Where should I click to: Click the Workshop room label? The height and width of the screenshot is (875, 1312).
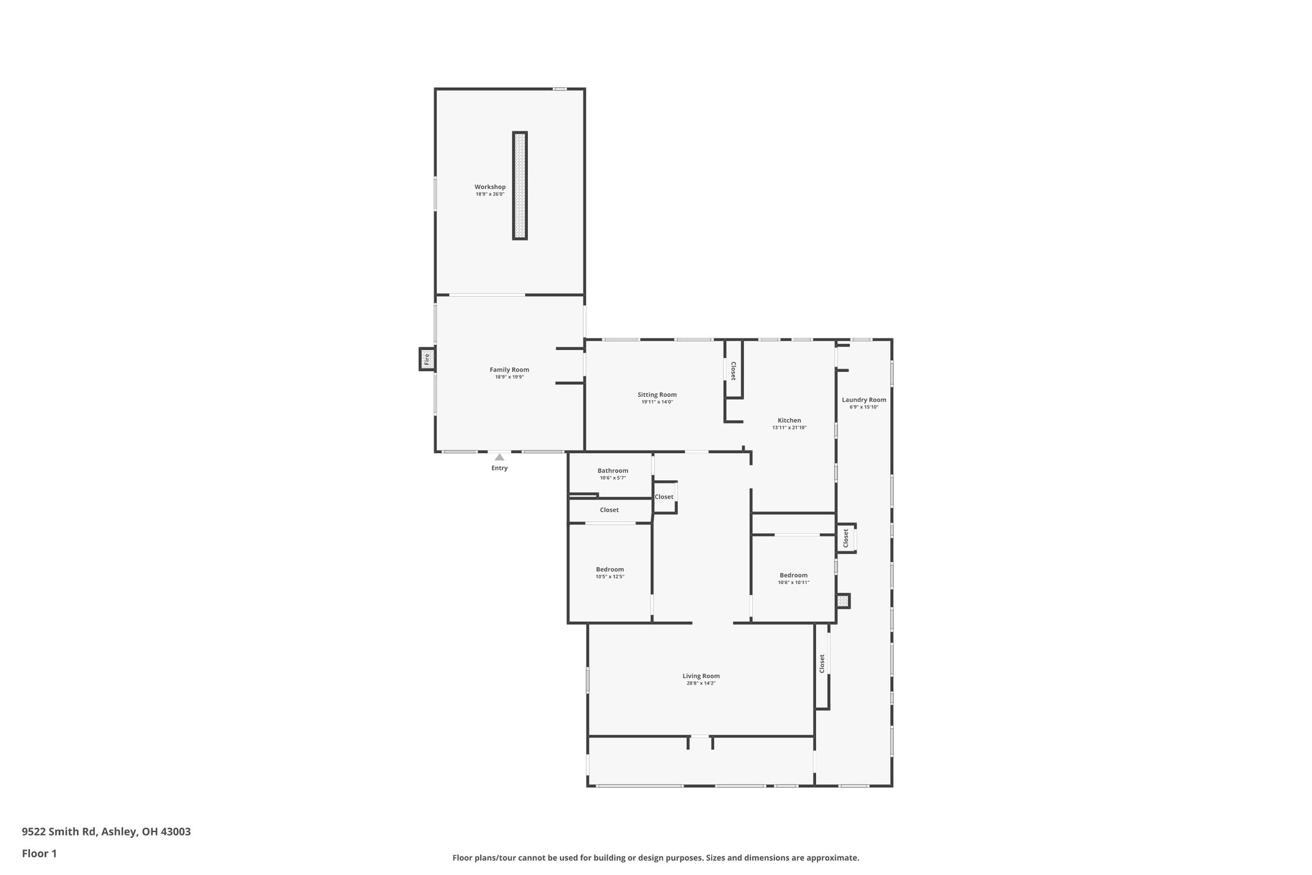pyautogui.click(x=490, y=187)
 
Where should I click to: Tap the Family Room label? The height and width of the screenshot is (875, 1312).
pyautogui.click(x=509, y=370)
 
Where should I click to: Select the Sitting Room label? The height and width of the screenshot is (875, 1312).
pyautogui.click(x=657, y=395)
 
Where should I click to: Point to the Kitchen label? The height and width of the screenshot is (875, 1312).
pyautogui.click(x=789, y=421)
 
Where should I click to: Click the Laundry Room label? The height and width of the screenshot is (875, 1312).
pyautogui.click(x=864, y=400)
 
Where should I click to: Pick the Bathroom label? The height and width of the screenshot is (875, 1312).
pyautogui.click(x=612, y=471)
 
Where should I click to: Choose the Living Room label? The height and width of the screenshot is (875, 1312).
pyautogui.click(x=701, y=676)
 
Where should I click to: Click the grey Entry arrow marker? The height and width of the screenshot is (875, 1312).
pyautogui.click(x=499, y=457)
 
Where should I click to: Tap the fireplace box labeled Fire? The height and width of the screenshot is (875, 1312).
pyautogui.click(x=427, y=359)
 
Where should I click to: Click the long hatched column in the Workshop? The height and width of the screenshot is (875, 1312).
pyautogui.click(x=520, y=186)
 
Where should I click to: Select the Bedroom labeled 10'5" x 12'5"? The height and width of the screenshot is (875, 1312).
pyautogui.click(x=609, y=569)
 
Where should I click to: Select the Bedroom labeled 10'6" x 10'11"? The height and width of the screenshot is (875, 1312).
pyautogui.click(x=793, y=575)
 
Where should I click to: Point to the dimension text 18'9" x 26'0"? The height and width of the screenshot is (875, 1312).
pyautogui.click(x=490, y=194)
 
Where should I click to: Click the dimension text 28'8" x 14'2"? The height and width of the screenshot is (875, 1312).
pyautogui.click(x=701, y=683)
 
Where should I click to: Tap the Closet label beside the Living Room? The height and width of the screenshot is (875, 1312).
pyautogui.click(x=822, y=663)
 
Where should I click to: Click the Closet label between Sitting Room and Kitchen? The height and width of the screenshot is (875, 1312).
pyautogui.click(x=734, y=371)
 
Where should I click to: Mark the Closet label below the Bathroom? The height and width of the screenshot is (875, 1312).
pyautogui.click(x=609, y=510)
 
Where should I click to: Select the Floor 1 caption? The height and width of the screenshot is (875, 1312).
pyautogui.click(x=39, y=854)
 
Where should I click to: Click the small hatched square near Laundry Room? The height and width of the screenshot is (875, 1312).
pyautogui.click(x=843, y=601)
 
